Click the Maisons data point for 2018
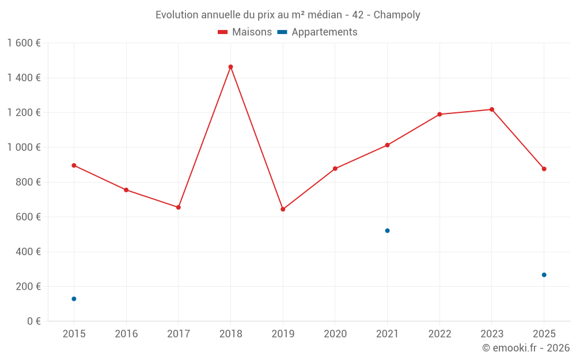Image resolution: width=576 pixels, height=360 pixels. [230, 67]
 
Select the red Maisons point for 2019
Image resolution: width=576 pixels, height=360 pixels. [283, 209]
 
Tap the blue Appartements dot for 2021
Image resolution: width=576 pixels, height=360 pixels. [387, 230]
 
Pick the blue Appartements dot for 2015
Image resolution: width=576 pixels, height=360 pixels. [74, 299]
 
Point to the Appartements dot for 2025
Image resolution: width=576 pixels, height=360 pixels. [544, 275]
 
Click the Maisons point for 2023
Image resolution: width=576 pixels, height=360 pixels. [492, 109]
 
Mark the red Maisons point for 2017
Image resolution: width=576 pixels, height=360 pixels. [179, 207]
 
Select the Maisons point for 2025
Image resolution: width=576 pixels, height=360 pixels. [544, 169]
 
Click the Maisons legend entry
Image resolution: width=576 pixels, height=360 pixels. [245, 32]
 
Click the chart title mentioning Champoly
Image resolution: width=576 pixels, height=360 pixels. [288, 15]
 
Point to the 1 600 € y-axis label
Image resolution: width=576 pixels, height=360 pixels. [24, 43]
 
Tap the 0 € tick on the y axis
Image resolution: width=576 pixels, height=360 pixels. [32, 321]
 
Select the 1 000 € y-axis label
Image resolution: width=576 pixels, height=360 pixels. [24, 147]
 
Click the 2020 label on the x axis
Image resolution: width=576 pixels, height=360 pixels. [335, 334]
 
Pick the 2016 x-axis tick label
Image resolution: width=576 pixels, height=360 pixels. [126, 334]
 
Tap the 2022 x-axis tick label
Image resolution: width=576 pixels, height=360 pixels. [439, 334]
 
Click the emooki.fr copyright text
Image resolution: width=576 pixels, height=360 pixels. [526, 348]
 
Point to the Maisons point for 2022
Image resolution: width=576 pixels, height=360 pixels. [439, 114]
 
